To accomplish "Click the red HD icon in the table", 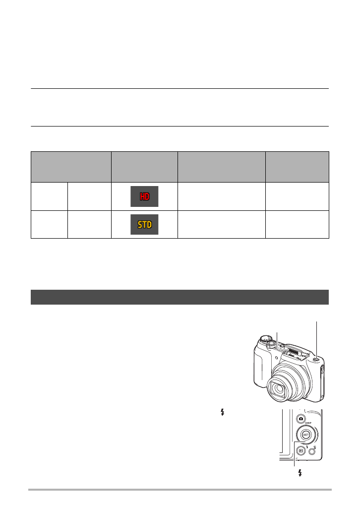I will coord(144,196).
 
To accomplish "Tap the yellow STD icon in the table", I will coord(144,224).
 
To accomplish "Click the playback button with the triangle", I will coord(300,450).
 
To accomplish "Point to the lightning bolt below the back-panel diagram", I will coord(300,473).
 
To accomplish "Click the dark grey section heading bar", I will coord(180,297).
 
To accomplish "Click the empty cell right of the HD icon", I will coord(221,196).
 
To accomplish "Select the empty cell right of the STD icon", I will coord(221,224).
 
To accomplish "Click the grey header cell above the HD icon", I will coord(144,167).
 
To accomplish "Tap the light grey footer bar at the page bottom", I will coord(180,489).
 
